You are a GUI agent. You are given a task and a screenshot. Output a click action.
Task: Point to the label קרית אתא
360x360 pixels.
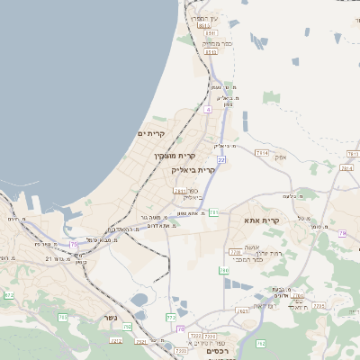click(262, 220)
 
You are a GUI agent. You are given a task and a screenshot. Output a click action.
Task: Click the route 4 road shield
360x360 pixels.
click(207, 109)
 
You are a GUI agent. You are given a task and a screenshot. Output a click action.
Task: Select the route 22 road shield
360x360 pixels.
click(220, 159)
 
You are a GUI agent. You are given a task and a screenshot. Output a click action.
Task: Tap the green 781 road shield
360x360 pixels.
click(214, 212)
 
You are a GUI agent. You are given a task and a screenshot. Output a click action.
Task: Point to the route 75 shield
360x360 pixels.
click(74, 244)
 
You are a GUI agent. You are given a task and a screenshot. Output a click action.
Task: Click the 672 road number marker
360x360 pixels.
click(9, 294)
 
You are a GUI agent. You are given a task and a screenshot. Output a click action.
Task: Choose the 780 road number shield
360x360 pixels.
click(224, 270)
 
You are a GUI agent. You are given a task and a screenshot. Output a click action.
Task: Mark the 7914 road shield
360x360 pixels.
click(261, 154)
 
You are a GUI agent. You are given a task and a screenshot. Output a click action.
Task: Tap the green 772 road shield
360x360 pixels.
click(171, 317)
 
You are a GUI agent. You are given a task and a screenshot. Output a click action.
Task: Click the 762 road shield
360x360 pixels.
click(260, 343)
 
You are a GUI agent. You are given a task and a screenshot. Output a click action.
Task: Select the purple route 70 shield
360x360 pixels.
click(181, 329)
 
